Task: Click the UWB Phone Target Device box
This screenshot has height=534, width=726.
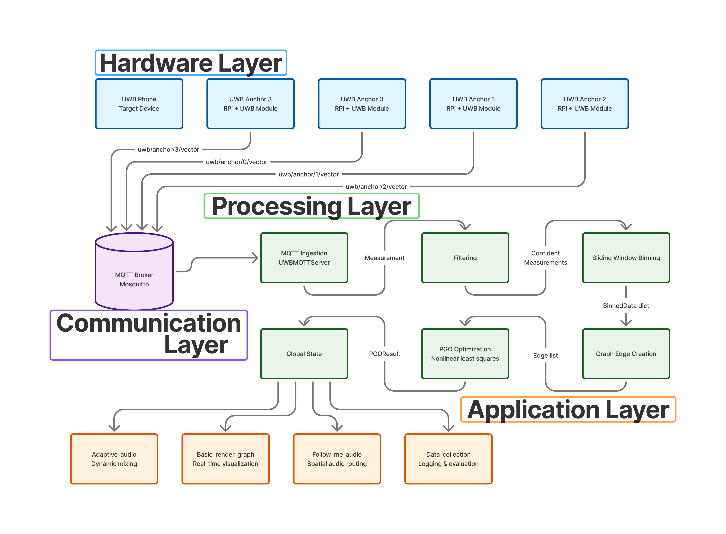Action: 139,104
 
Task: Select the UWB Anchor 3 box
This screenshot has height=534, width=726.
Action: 251,104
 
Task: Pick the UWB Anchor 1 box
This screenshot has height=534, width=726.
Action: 473,104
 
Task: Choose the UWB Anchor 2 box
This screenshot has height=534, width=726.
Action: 585,104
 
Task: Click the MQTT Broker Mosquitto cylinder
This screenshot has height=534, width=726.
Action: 134,275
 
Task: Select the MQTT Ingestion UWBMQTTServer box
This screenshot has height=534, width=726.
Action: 304,258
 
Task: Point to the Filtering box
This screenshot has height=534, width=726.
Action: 465,258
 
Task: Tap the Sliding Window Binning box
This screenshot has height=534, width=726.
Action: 626,258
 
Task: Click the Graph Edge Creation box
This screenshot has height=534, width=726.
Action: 626,354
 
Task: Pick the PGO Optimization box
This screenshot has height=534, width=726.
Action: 465,354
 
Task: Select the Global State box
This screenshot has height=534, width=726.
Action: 304,354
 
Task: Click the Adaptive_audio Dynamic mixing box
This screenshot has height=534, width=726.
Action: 114,459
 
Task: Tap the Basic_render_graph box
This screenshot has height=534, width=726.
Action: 225,459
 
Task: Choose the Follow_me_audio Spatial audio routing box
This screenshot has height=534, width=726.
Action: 337,459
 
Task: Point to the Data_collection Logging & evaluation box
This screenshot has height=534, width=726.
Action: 448,459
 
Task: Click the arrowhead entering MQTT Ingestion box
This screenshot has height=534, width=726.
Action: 256,258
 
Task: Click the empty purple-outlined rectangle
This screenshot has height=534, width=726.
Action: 149,335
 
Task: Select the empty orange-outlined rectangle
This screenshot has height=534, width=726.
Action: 568,409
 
